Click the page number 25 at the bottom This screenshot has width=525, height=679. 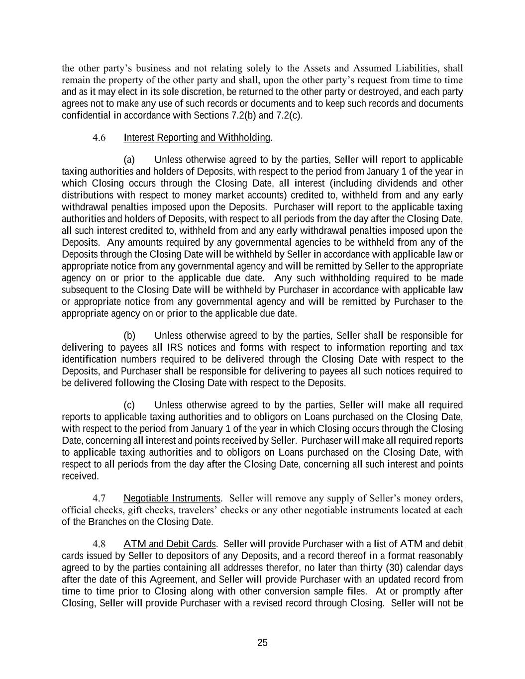tap(262, 643)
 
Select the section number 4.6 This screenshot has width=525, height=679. tap(99, 138)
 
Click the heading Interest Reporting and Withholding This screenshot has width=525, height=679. tap(197, 137)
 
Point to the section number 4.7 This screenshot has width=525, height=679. tap(99, 498)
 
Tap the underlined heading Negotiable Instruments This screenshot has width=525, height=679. tap(172, 498)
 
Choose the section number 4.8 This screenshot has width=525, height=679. tap(99, 544)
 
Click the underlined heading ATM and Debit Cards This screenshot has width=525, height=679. tap(170, 544)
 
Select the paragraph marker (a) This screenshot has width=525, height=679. tap(129, 160)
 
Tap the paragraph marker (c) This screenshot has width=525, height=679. tap(129, 405)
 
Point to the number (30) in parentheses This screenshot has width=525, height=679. tap(394, 568)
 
